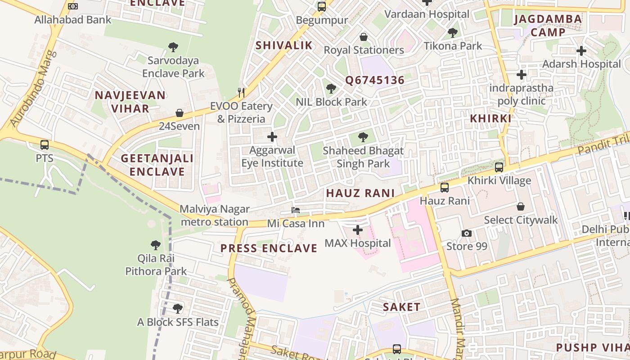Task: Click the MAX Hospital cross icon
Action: [x=358, y=230]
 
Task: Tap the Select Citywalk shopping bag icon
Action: [x=521, y=207]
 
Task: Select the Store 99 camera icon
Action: [x=467, y=233]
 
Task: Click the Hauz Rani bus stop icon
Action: [x=445, y=188]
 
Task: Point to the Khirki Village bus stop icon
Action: [x=499, y=167]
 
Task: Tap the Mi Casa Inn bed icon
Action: [x=296, y=210]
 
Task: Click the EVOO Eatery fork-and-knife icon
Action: [x=242, y=93]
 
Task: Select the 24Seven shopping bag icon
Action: [x=180, y=113]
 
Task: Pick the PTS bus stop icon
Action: [x=45, y=145]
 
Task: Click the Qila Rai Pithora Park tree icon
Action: [x=156, y=245]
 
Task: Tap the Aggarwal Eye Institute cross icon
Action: [x=272, y=137]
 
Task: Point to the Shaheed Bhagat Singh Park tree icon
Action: [x=363, y=137]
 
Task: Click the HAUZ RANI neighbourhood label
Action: [x=360, y=193]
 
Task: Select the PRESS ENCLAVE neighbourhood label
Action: [x=269, y=248]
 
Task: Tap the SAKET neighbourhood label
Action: [x=401, y=307]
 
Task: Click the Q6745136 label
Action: [x=374, y=81]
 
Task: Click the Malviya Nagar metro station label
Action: [x=214, y=215]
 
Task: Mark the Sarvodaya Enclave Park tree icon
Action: [x=173, y=47]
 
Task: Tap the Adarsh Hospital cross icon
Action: [x=581, y=51]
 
